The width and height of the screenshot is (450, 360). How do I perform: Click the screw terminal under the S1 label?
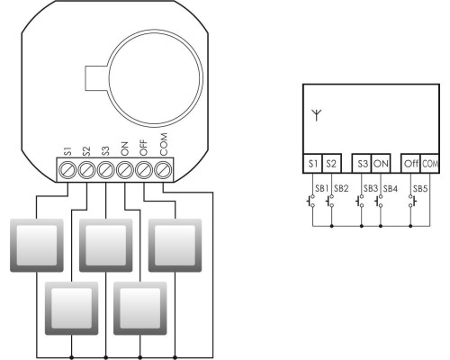(x=67, y=170)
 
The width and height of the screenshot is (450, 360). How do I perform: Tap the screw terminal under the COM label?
(x=163, y=170)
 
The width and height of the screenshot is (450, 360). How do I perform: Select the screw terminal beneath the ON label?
(x=125, y=170)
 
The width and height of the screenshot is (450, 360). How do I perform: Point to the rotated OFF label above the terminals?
(x=144, y=148)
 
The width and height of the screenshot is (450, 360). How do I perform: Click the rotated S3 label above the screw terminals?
(x=105, y=151)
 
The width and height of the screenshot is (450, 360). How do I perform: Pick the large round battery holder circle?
(x=155, y=78)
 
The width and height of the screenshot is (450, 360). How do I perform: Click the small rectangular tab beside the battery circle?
(x=96, y=78)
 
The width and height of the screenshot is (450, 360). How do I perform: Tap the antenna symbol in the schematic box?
(x=317, y=115)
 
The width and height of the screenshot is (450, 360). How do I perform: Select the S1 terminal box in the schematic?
(x=312, y=164)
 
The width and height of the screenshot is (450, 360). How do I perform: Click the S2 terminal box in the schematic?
(x=331, y=164)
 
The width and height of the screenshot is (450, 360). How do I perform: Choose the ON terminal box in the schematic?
(x=381, y=164)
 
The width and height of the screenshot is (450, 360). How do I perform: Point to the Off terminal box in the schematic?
(x=411, y=164)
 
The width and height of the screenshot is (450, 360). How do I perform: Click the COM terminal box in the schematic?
(x=430, y=164)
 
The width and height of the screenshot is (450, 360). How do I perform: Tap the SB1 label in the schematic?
(x=322, y=189)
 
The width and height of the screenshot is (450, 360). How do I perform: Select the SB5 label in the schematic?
(x=420, y=189)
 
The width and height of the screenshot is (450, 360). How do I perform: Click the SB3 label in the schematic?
(x=371, y=189)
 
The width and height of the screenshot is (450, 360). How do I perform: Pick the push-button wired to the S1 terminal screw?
(x=37, y=246)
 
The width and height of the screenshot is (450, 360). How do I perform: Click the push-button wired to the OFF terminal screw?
(x=175, y=246)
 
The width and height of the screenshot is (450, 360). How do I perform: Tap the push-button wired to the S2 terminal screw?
(x=71, y=308)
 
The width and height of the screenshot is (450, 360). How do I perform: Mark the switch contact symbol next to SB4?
(x=378, y=201)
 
